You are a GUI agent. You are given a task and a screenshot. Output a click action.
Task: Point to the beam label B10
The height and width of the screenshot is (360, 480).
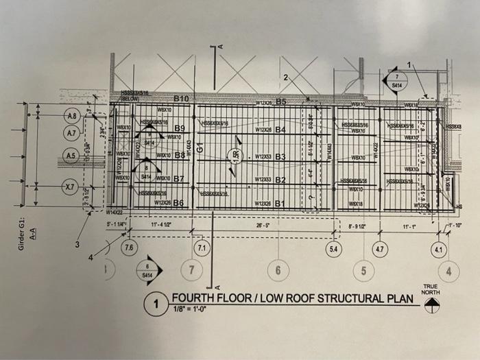pyautogui.click(x=180, y=99)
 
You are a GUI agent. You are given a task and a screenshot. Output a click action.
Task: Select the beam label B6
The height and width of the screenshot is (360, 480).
pyautogui.click(x=180, y=203)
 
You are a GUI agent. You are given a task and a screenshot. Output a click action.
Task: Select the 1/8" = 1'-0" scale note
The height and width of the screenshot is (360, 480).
pyautogui.click(x=191, y=310)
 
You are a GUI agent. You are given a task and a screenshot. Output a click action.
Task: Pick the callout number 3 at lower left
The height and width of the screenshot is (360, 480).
pyautogui.click(x=77, y=243)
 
